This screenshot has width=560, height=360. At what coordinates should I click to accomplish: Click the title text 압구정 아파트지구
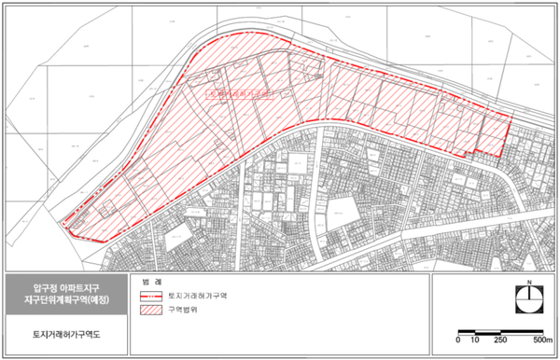point(63,286)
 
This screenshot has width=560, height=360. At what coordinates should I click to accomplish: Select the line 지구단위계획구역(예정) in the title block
point(63,299)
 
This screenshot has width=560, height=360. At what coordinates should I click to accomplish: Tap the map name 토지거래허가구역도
point(63,331)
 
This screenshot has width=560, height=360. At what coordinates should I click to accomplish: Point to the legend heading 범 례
point(152,281)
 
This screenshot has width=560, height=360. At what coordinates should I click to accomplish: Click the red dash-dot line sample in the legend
point(157,297)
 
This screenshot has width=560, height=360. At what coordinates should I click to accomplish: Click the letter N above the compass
point(529,281)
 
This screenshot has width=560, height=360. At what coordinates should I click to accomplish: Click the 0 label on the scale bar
point(459,341)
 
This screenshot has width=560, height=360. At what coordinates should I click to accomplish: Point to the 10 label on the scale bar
point(475,341)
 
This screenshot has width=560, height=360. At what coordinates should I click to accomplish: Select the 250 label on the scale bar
point(501,341)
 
